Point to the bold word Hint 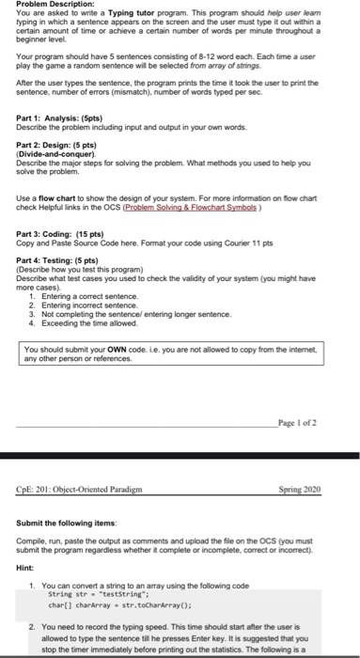click(26, 569)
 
